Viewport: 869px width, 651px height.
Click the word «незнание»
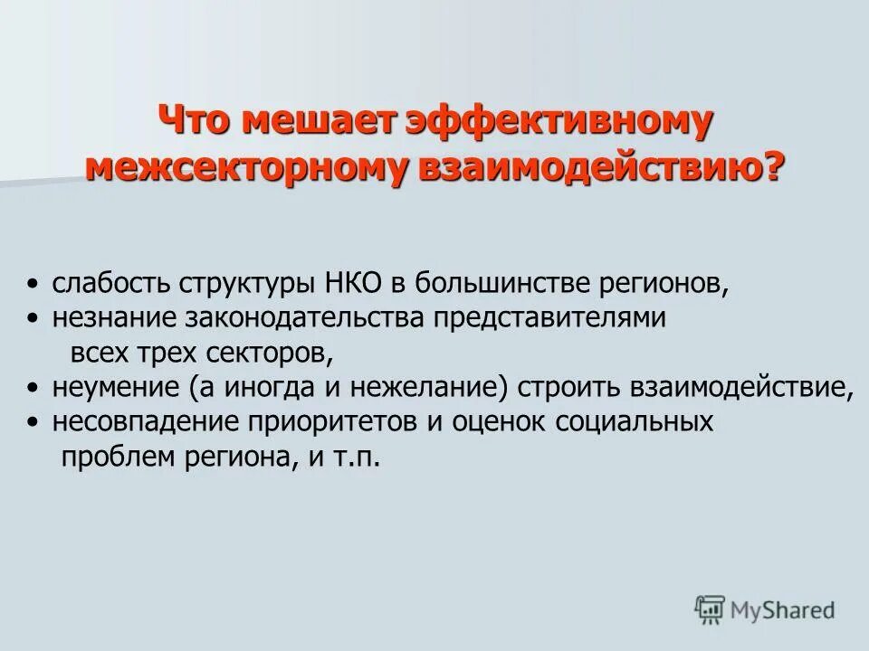[x=114, y=318]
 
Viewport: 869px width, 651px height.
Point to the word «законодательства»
[x=304, y=318]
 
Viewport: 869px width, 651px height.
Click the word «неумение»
[x=115, y=387]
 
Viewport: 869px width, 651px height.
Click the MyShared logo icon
[x=710, y=609]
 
